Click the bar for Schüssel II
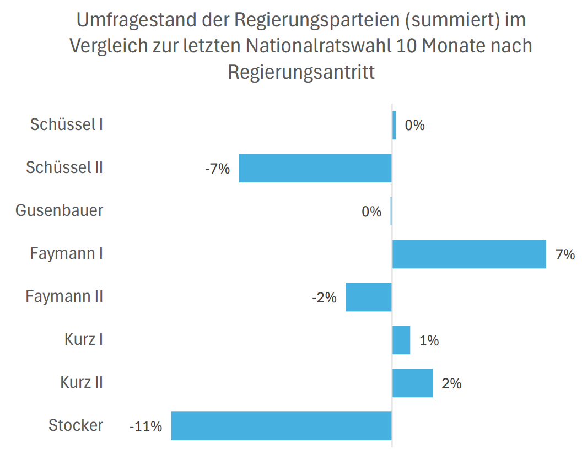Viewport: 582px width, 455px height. click(x=315, y=168)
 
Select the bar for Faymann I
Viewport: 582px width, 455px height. click(x=469, y=254)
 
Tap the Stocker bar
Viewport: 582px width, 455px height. click(x=281, y=426)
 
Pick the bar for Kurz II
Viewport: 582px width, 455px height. click(x=412, y=383)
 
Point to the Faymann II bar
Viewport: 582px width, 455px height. click(x=368, y=297)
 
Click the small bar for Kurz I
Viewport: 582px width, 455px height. click(x=401, y=340)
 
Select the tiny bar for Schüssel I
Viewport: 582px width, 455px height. click(x=394, y=125)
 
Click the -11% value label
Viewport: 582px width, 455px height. click(x=145, y=426)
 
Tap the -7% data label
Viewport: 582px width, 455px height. click(x=217, y=169)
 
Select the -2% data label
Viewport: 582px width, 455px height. click(x=324, y=297)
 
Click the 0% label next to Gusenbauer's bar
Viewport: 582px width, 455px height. click(x=371, y=212)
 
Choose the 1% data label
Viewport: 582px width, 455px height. click(x=429, y=340)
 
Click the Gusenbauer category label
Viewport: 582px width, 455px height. click(x=59, y=210)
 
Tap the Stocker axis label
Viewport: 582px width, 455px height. click(x=76, y=425)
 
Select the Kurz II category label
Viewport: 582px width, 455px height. click(x=82, y=382)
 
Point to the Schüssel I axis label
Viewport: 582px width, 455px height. click(x=67, y=124)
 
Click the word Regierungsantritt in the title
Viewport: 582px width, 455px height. click(x=301, y=72)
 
